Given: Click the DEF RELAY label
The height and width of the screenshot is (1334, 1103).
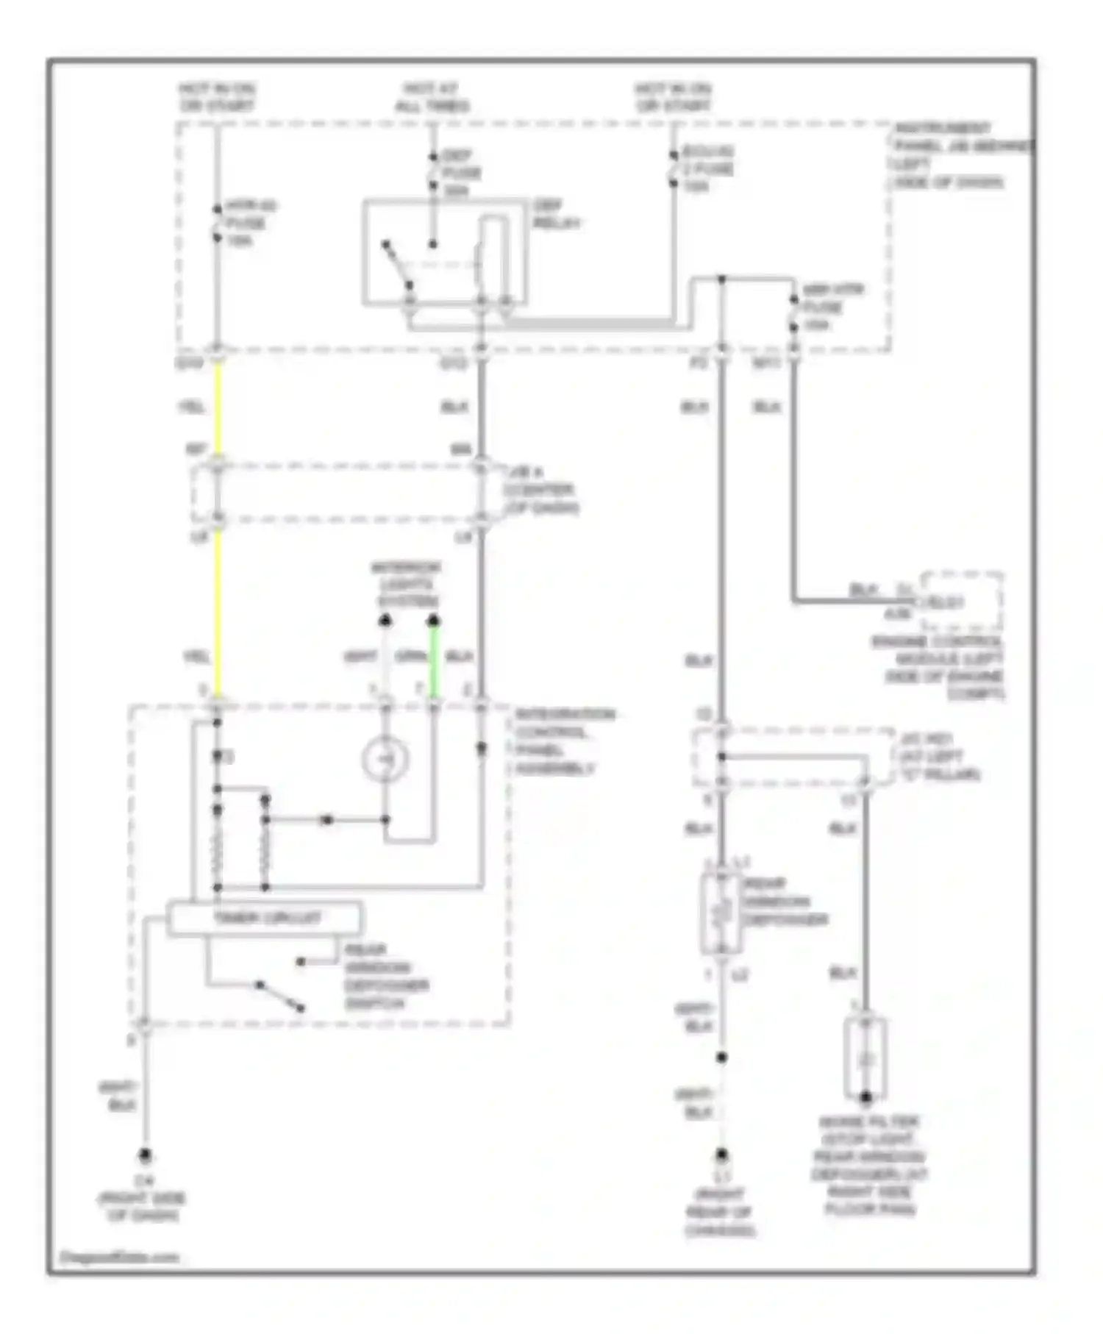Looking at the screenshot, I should (557, 214).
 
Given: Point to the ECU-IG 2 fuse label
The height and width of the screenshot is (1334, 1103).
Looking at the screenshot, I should (707, 168).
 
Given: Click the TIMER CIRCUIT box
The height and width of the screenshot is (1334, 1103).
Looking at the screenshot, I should (265, 919).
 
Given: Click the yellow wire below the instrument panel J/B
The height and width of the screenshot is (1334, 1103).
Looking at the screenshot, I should (218, 408).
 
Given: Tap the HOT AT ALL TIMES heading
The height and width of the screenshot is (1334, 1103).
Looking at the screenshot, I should (432, 98).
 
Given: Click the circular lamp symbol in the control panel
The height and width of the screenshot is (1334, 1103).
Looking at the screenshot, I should (385, 758).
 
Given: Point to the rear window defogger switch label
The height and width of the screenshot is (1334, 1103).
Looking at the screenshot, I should (385, 977).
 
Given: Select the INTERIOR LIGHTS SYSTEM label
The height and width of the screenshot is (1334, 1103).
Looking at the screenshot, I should (406, 584).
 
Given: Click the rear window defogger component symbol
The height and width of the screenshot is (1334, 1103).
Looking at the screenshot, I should (721, 912).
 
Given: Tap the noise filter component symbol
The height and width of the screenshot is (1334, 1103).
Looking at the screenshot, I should (865, 1059).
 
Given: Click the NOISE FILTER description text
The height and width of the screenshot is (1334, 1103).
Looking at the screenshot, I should (869, 1166).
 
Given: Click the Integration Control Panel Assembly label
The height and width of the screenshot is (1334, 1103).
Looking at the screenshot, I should (564, 741).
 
